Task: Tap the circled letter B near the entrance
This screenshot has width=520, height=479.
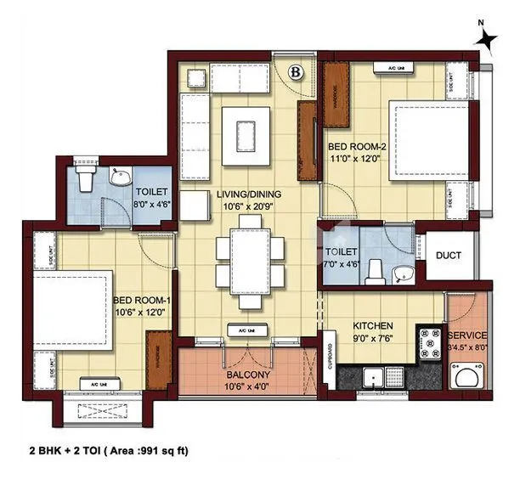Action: pyautogui.click(x=295, y=72)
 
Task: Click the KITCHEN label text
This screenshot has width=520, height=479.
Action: pyautogui.click(x=373, y=324)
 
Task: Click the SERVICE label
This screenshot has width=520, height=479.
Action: pyautogui.click(x=467, y=335)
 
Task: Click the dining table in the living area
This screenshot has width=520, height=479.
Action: pyautogui.click(x=249, y=254)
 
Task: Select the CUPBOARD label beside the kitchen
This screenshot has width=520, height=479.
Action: pyautogui.click(x=331, y=360)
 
